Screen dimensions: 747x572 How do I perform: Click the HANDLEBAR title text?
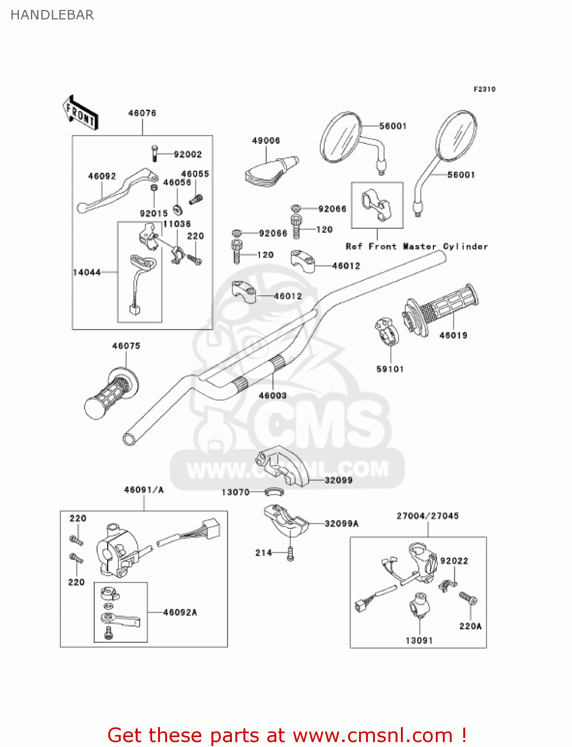coord(52,15)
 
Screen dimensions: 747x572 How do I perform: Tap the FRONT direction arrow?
coord(80,113)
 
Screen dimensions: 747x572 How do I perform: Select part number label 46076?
coord(142,113)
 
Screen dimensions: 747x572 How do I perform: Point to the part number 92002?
coord(188,154)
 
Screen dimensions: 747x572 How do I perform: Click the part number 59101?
coord(390,369)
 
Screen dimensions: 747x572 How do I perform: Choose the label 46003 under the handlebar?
coord(272,395)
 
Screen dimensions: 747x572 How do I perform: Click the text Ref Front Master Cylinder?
coord(416,247)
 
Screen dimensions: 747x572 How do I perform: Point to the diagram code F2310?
coord(484,89)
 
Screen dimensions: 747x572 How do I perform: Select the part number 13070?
coord(235,492)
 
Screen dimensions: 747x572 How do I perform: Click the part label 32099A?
coord(341,523)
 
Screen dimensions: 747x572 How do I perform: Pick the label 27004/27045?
coord(427,516)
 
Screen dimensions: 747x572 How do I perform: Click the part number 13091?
coord(419,640)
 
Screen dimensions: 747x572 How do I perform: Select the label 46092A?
coord(180,613)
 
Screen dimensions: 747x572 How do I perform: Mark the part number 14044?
coord(87,272)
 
